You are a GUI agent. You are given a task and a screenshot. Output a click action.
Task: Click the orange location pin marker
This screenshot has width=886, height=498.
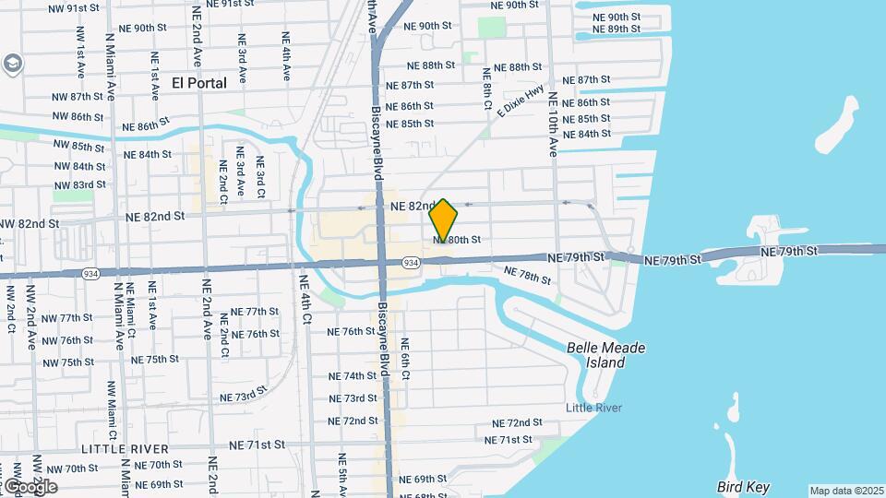pos(444,219)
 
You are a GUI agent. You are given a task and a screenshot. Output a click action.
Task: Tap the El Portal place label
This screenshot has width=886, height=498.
pos(199,83)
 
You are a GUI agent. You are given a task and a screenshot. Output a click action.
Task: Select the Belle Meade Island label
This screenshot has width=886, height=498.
pos(606,355)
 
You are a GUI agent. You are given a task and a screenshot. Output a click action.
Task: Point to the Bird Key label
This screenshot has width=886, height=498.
pos(743,487)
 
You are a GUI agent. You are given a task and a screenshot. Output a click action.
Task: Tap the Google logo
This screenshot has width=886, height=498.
pos(30,486)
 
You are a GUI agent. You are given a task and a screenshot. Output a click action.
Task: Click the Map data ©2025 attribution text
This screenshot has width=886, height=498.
pos(846,491)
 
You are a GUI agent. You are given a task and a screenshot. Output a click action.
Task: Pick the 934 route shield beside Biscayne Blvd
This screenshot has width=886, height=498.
pos(412,264)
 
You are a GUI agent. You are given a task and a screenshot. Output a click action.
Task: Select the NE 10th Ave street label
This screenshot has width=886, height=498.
pos(554,124)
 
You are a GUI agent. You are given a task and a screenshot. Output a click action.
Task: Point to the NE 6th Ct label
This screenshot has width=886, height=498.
pos(405,359)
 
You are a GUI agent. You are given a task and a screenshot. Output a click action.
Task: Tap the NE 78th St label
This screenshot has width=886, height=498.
pos(529,276)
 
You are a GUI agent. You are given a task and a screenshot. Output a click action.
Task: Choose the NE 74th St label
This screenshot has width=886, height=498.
pos(353,376)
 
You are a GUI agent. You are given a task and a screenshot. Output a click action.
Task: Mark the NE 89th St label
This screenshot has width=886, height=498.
pos(617,30)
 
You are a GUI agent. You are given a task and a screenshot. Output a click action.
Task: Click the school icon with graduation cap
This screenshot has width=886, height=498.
pos(14,65)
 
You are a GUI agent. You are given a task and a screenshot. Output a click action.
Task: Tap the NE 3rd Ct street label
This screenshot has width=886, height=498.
pos(261,175)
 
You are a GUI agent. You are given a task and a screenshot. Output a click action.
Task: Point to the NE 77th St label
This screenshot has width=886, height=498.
pos(255,312)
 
